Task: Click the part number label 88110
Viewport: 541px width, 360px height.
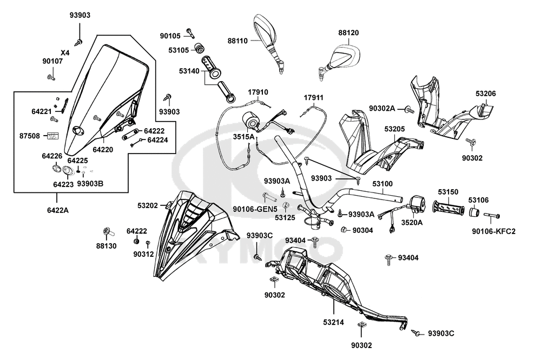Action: click(237, 41)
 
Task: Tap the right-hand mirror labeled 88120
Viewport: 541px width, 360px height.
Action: click(341, 58)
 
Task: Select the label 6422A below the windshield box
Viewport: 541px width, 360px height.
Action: click(58, 210)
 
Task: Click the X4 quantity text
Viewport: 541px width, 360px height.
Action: click(65, 53)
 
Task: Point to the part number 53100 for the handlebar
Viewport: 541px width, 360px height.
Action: click(382, 184)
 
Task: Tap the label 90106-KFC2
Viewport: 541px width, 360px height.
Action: click(494, 231)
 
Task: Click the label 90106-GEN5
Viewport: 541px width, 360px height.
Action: click(255, 209)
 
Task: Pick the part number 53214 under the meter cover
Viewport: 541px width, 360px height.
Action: click(334, 322)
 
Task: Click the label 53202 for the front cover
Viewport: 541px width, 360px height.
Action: click(148, 205)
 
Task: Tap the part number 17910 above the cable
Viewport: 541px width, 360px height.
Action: click(258, 92)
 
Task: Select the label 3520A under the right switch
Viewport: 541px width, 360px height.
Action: click(412, 222)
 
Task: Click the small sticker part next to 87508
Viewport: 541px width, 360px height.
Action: click(52, 136)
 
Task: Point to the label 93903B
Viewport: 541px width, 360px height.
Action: click(90, 183)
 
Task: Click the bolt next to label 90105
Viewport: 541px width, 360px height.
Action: click(190, 32)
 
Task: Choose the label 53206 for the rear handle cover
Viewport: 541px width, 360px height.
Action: click(485, 94)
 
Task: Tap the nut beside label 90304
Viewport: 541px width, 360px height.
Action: click(344, 230)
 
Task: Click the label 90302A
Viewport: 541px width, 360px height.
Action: click(382, 108)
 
